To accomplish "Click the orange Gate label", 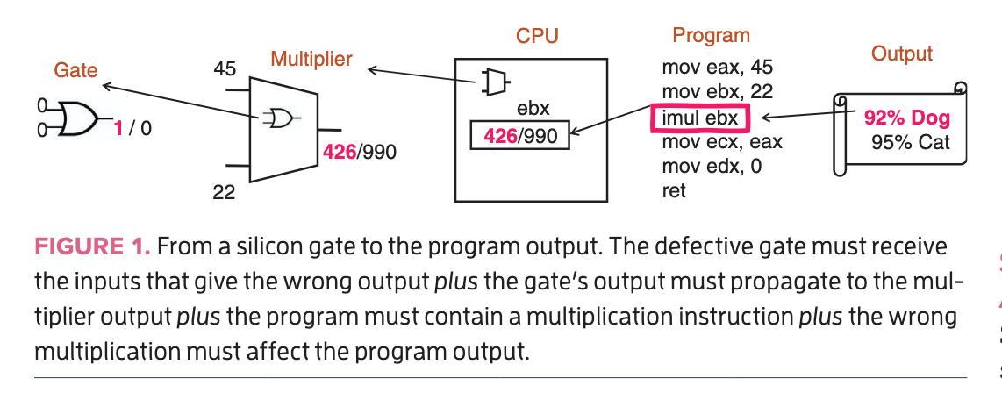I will coord(75,69).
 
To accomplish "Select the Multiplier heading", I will coord(311,60).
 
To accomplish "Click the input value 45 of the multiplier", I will coord(225,68).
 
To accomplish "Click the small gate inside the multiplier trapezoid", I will coord(281,117).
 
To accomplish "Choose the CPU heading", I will coord(537,36).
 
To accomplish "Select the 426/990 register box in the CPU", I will coord(520,137).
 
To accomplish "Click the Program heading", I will coord(711,36).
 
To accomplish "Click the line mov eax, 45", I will coord(717,68).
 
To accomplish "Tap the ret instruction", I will coord(673,189).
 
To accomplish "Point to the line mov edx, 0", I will coord(712,166).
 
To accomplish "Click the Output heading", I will coord(901,54).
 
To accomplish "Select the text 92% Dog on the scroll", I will coord(906,118).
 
